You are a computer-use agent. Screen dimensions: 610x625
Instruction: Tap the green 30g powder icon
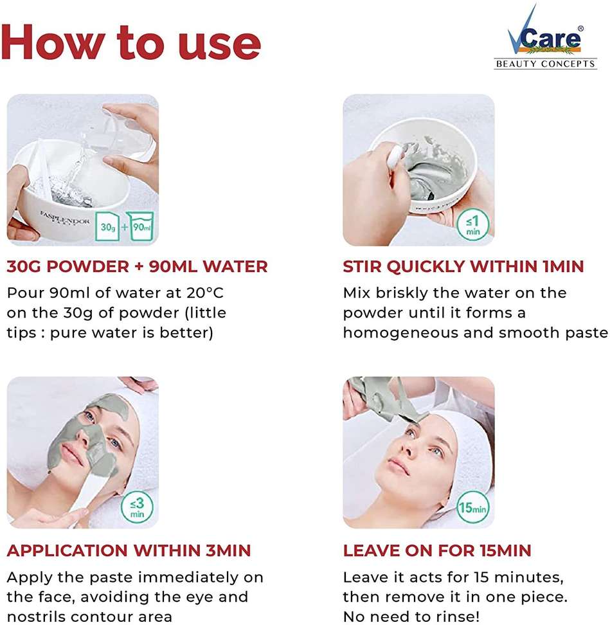pyautogui.click(x=107, y=226)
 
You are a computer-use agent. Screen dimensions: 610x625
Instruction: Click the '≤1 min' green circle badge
pyautogui.click(x=472, y=225)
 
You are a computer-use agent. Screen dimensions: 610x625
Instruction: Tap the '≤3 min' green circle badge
pyautogui.click(x=137, y=507)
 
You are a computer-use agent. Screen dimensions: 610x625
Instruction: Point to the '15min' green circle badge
pyautogui.click(x=472, y=507)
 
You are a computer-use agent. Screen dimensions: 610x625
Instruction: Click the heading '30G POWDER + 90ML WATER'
pyautogui.click(x=137, y=267)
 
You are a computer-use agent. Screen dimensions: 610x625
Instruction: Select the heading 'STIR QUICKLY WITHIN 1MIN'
pyautogui.click(x=463, y=267)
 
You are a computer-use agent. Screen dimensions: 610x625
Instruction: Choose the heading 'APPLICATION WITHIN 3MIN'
pyautogui.click(x=129, y=550)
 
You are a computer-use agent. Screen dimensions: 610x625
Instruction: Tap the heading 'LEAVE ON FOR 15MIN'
pyautogui.click(x=437, y=550)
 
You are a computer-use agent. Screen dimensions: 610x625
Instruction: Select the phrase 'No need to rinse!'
pyautogui.click(x=411, y=616)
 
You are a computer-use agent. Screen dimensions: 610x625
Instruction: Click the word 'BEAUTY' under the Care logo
pyautogui.click(x=516, y=64)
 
